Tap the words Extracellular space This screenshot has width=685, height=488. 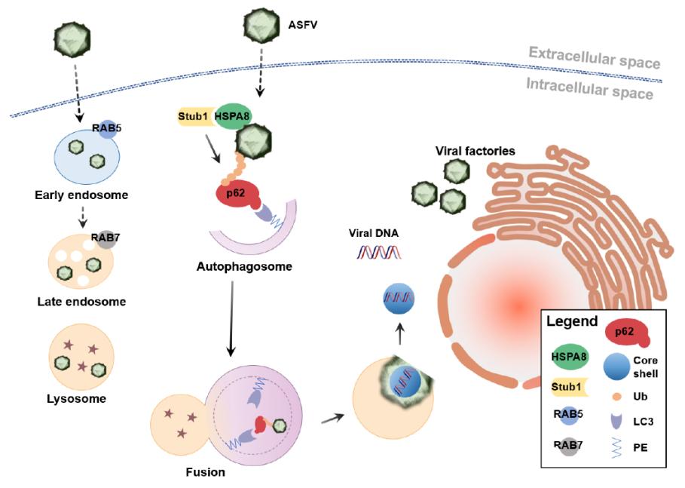coord(594,54)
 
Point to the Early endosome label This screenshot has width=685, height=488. coord(81,195)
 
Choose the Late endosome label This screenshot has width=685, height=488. coord(81,302)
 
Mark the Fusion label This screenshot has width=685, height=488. coord(204,474)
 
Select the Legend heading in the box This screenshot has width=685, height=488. coord(572,321)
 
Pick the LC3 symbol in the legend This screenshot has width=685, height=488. coord(616,421)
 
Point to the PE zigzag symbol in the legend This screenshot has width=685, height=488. coord(616,448)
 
